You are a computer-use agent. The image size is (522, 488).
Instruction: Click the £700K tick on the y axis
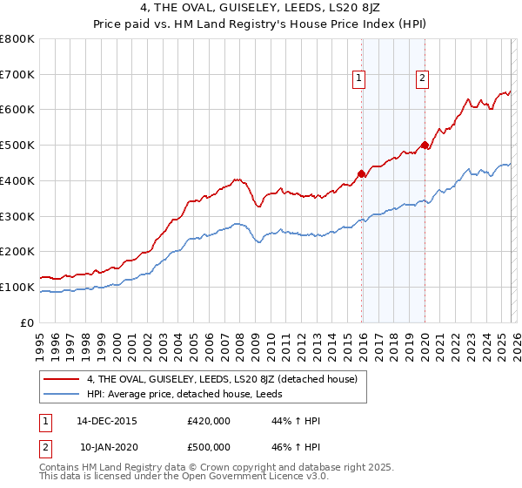(17, 75)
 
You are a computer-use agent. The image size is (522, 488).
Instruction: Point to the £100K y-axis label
(17, 287)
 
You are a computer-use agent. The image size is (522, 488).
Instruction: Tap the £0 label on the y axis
(27, 322)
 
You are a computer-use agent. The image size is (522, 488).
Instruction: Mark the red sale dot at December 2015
(361, 173)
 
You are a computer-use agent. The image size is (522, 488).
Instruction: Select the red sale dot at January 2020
(425, 146)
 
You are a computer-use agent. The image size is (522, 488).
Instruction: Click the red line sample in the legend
(62, 379)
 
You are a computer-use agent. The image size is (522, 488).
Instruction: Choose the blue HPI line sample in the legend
(62, 395)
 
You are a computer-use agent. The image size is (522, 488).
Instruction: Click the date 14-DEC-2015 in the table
(107, 421)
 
